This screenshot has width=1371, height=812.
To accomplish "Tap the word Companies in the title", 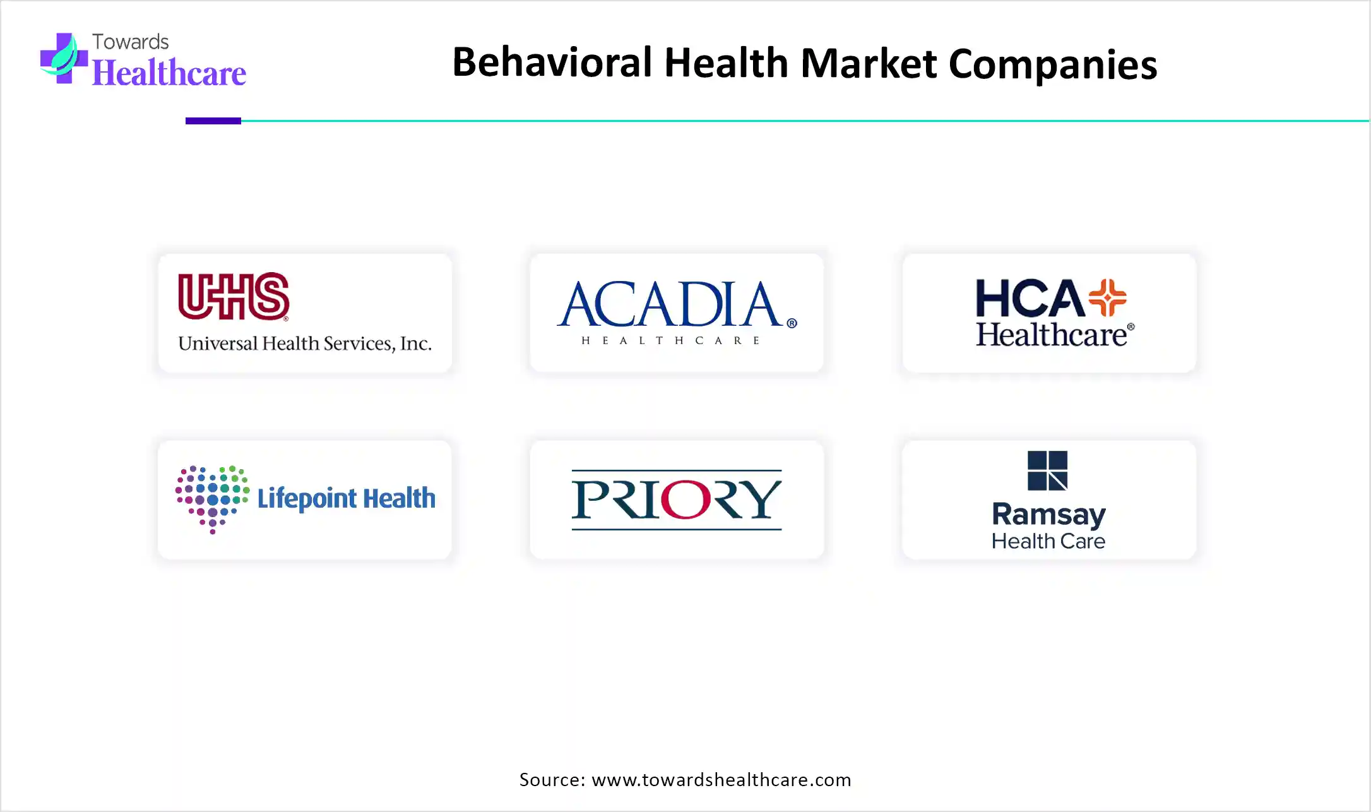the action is click(1053, 64).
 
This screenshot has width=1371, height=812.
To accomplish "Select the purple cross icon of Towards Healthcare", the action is click(64, 58).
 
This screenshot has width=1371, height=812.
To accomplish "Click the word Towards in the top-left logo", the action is click(131, 42).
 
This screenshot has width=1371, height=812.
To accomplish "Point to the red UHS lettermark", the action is click(234, 296).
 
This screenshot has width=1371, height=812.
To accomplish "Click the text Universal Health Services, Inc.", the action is click(305, 343).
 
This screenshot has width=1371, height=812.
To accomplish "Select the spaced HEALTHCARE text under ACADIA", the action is click(670, 340).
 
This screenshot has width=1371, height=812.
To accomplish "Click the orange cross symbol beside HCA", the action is click(1107, 297).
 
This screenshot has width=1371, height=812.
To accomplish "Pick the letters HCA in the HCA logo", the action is click(1030, 298).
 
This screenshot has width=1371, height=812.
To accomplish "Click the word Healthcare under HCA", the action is click(1052, 335).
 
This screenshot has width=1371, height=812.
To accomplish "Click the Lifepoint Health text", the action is click(347, 498).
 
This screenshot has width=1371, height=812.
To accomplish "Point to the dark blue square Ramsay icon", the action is click(1048, 470).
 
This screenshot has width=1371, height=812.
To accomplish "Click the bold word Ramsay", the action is click(1048, 515).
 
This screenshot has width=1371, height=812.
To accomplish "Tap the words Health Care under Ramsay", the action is click(1048, 541).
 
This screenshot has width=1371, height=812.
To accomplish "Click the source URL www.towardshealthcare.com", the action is click(721, 780).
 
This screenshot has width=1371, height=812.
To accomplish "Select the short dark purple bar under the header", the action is click(213, 121).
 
